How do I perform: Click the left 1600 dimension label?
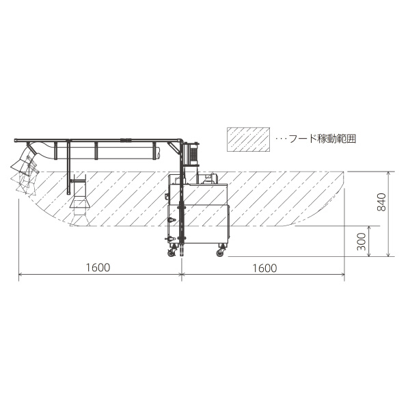tap(98, 267)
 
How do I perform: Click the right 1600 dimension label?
tap(264, 269)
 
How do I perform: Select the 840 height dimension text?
tap(381, 202)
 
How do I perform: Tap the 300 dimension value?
tap(361, 241)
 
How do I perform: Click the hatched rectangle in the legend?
tap(248, 139)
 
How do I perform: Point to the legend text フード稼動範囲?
tap(322, 139)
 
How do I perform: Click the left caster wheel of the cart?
tap(172, 253)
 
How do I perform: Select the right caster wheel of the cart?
tap(220, 252)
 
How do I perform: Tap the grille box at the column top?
tap(192, 154)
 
